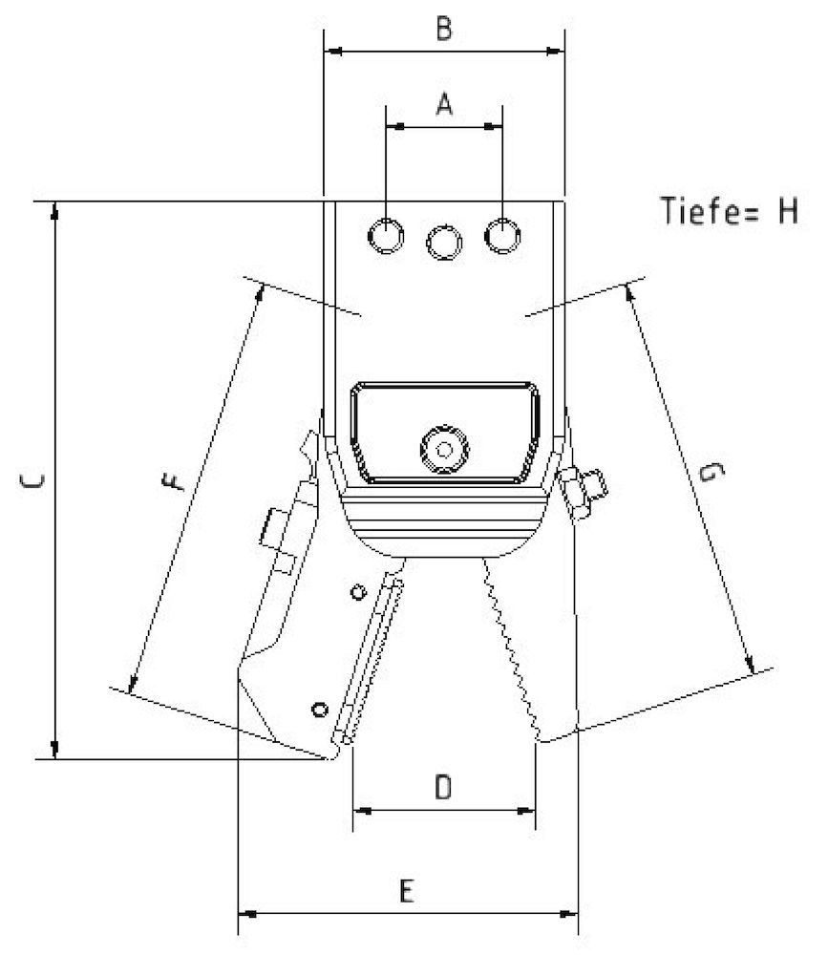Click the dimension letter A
coord(444,103)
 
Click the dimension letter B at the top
coord(444,29)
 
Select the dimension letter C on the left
coord(32,482)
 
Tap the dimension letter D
coord(443,788)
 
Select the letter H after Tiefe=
coord(785,210)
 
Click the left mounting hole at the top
coord(387,235)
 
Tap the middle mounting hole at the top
coord(444,241)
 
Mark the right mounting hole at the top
coord(501,235)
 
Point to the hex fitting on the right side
coord(583,489)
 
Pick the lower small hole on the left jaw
coord(320,709)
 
